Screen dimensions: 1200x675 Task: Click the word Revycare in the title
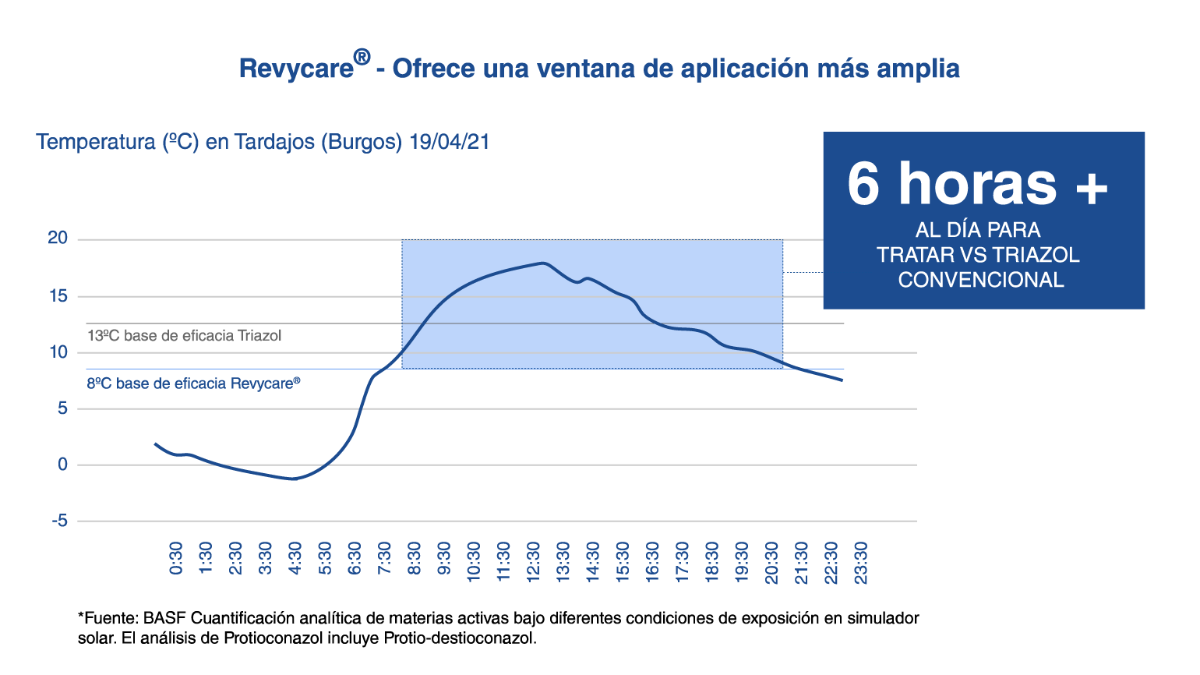296,69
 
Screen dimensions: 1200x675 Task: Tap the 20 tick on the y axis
58,238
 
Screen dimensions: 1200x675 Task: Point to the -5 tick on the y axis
59,521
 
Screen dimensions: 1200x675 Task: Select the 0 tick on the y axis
62,465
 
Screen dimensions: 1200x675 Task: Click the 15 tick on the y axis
58,295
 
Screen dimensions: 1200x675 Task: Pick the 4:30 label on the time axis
295,558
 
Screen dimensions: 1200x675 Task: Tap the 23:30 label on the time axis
860,562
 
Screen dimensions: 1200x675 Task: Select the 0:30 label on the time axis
176,558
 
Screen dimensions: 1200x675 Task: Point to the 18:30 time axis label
711,562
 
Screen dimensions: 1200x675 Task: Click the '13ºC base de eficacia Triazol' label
184,336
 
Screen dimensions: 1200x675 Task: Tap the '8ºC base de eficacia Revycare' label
193,383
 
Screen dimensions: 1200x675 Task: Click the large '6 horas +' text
977,184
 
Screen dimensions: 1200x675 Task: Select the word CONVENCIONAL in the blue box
981,280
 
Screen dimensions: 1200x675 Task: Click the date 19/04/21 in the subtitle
450,142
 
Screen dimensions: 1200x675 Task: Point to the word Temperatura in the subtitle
96,143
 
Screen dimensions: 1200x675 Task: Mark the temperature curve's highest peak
542,263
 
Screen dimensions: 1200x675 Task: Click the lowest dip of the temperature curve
294,479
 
